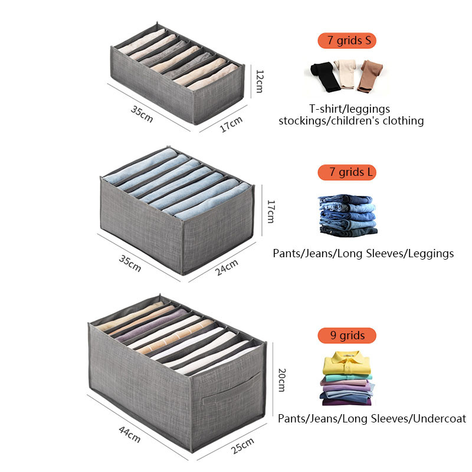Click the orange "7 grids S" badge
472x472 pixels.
coord(347,41)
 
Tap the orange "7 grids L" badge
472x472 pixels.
coord(347,172)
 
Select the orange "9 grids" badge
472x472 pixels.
coord(347,336)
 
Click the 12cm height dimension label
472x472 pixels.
coord(259,81)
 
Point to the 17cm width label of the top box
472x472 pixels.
coord(231,125)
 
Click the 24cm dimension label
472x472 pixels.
coord(226,266)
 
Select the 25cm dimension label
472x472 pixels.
coord(242,444)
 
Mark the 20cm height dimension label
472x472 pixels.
coord(281,381)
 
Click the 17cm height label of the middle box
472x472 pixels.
coord(271,212)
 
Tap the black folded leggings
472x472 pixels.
coord(325,76)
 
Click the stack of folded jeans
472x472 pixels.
coord(347,215)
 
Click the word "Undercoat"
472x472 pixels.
coord(439,419)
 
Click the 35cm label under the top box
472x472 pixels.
coord(142,113)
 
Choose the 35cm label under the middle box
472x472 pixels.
coord(130,263)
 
